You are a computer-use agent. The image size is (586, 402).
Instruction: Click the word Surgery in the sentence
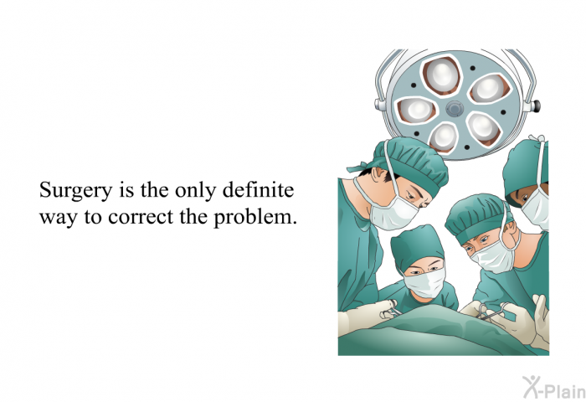click(x=76, y=191)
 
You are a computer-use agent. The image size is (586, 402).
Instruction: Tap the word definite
click(x=258, y=189)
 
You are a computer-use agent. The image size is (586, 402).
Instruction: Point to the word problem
click(x=255, y=218)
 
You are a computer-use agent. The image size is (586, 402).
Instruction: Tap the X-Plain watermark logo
click(x=553, y=387)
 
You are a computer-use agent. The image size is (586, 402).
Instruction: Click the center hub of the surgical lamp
click(x=455, y=109)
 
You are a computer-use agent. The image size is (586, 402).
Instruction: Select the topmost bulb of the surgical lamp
click(x=441, y=74)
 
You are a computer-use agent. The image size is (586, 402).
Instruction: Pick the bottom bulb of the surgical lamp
click(x=444, y=137)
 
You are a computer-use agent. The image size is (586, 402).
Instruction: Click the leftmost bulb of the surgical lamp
click(x=416, y=109)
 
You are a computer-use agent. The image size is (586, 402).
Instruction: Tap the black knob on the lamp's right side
click(x=537, y=105)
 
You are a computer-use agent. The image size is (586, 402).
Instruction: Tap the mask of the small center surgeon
click(x=424, y=283)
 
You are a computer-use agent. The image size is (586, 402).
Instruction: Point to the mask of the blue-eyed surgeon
click(x=493, y=256)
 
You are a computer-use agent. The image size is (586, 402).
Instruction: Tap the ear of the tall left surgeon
click(x=378, y=175)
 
